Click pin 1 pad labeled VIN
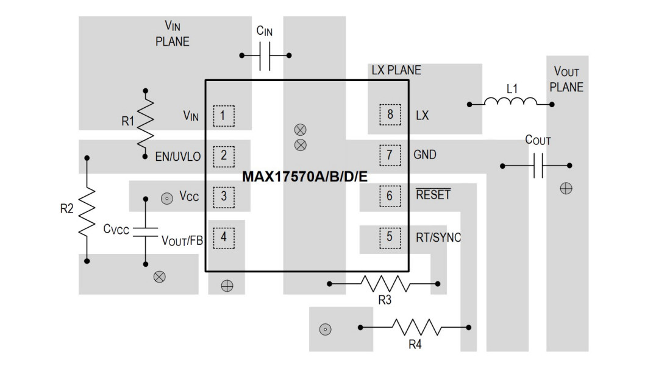(224, 115)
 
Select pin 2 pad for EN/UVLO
(224, 155)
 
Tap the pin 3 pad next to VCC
(224, 196)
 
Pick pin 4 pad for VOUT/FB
(224, 237)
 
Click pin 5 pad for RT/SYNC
(390, 237)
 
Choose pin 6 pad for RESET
(390, 196)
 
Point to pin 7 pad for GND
(390, 155)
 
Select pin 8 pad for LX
(390, 115)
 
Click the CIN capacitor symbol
(265, 55)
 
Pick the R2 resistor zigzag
(87, 209)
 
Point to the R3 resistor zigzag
(384, 283)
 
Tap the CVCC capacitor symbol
(146, 231)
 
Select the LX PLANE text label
(396, 70)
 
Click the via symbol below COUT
(566, 189)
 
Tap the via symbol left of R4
(325, 329)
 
